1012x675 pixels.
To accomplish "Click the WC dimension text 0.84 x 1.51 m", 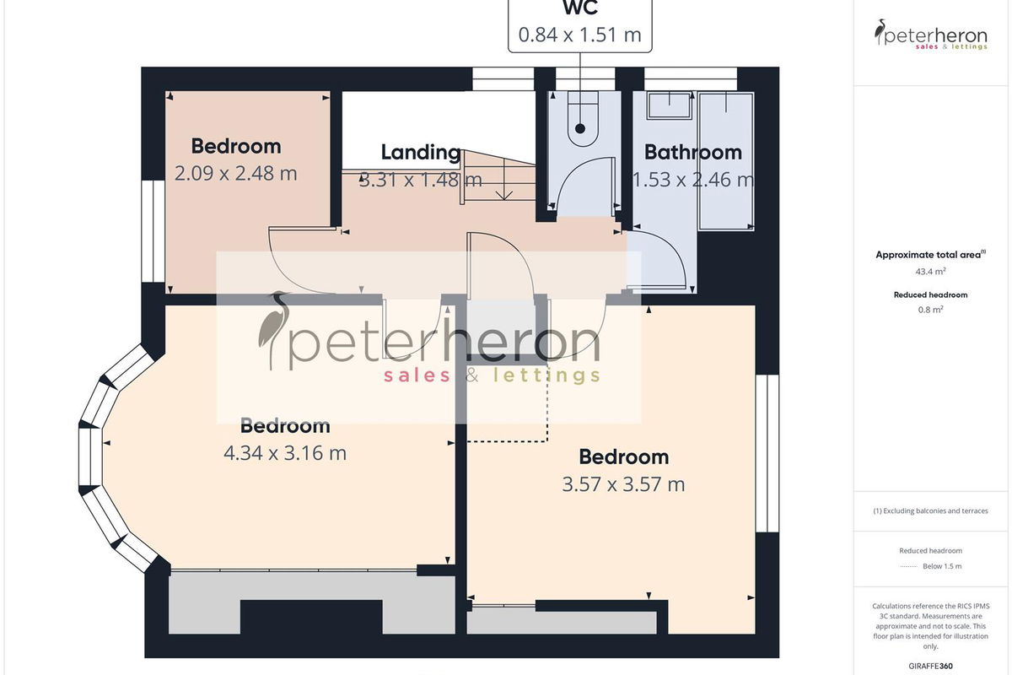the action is point(579,35).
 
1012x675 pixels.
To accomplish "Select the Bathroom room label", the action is point(693,153).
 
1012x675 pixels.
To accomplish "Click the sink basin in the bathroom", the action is point(670,105).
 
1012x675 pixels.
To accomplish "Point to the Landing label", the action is point(421,153).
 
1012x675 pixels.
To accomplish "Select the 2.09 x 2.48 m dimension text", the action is point(236,174).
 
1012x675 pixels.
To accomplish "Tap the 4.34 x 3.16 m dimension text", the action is point(285,453).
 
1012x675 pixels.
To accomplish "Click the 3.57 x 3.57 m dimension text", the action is point(623,484).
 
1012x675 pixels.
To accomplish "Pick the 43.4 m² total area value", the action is point(930,272).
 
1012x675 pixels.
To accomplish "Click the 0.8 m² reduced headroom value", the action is point(930,310).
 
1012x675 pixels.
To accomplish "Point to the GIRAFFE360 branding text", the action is point(930,666).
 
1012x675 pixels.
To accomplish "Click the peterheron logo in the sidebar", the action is point(931,35).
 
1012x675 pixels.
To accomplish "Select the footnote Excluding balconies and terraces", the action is point(930,510).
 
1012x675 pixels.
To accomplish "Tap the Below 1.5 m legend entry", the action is point(942,566).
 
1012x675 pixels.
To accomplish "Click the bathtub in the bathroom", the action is point(726,161).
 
